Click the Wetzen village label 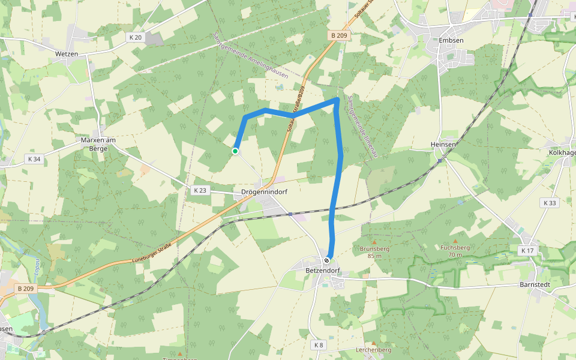coord(67,53)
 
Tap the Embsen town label coord(452,40)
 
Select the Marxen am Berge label coord(97,144)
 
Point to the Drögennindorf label coord(264,193)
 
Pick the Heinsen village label coord(443,145)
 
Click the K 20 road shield coord(135,37)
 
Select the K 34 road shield coord(34,159)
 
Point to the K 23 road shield coord(200,190)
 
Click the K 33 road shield coord(548,203)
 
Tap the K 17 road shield coord(527,250)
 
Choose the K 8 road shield coord(319,345)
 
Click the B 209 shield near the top coord(340,36)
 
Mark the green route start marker coord(236,151)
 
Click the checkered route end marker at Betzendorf coord(327,260)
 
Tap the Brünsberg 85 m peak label coord(375,251)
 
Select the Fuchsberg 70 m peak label coord(455,250)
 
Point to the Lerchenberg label coord(373,350)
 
